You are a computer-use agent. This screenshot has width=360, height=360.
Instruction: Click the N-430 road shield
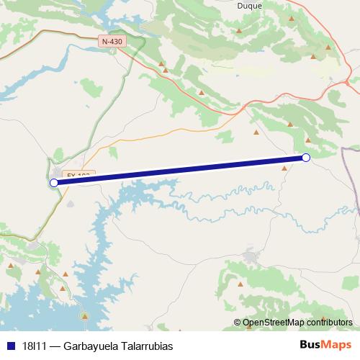click(112, 41)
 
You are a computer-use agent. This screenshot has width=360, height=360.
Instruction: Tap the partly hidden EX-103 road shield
click(78, 174)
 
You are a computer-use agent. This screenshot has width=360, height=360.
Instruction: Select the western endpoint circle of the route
click(54, 183)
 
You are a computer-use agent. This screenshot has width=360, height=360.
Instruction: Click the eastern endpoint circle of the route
click(306, 158)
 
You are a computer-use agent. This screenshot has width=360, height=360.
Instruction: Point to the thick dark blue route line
click(180, 170)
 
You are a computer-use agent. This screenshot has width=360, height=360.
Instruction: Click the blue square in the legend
click(10, 346)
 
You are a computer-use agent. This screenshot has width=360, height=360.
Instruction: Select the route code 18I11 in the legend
click(33, 346)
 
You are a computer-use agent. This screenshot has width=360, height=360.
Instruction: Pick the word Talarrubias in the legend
click(146, 346)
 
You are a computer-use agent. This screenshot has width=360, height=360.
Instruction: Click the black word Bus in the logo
click(310, 345)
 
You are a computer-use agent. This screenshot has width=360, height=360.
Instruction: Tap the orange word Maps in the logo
click(336, 345)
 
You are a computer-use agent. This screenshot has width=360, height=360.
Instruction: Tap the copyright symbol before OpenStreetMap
click(238, 323)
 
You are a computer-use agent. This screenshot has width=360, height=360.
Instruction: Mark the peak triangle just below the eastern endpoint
click(284, 168)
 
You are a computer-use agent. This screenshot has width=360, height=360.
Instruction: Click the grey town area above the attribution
click(251, 256)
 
